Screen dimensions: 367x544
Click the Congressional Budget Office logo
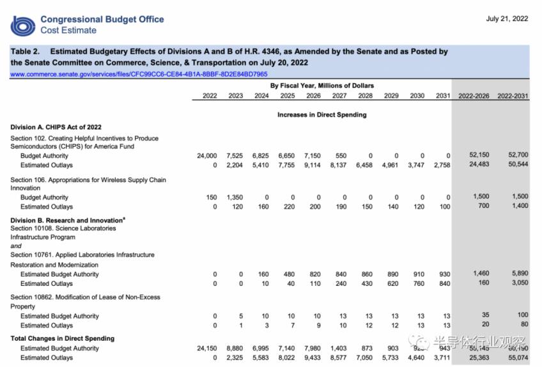pos(23,26)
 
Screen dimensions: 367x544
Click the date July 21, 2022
pos(507,19)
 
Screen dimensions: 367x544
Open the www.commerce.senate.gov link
pos(139,74)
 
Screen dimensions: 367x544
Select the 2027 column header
pos(339,96)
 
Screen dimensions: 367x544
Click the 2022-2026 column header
pos(474,96)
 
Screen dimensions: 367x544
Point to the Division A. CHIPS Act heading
pos(56,127)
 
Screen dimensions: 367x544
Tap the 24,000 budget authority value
pos(207,156)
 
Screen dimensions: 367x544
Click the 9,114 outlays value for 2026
pos(312,165)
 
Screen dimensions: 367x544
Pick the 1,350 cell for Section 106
pos(235,198)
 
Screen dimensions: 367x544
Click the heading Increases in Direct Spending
pos(322,115)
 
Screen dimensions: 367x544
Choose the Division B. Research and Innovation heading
pos(68,220)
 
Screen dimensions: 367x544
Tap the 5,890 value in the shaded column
pos(518,274)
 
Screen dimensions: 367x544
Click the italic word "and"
pos(16,246)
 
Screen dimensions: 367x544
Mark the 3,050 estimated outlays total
pos(518,283)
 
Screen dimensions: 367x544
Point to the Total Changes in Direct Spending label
pos(63,338)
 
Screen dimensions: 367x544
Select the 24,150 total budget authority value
pos(207,348)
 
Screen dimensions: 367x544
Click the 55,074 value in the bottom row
pos(515,358)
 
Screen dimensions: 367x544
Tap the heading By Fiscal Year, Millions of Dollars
pos(322,86)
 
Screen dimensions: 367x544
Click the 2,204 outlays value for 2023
pos(235,165)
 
